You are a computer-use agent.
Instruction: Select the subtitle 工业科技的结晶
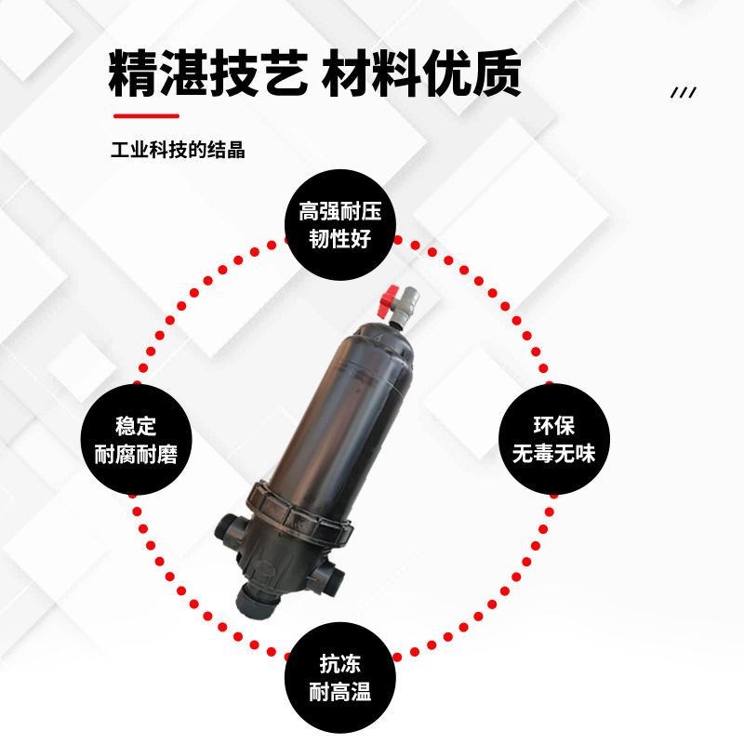tap(178, 150)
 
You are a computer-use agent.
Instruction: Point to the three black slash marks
tap(684, 92)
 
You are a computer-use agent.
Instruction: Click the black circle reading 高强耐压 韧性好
tap(339, 224)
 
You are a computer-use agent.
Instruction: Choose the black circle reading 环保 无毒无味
tap(552, 440)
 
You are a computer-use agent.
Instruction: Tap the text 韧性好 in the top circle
tap(339, 239)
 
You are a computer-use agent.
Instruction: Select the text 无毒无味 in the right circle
tap(552, 455)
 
